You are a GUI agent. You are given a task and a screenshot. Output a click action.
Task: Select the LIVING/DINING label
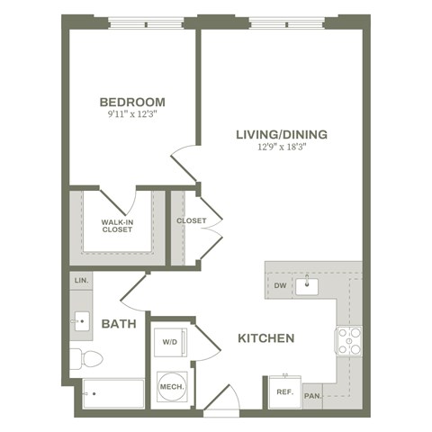point(281,135)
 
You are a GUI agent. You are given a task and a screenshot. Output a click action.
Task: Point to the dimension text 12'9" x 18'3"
point(281,148)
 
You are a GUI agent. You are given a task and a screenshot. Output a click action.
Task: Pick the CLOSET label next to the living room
point(191,220)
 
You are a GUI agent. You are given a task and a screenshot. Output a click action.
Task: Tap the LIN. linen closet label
point(80,282)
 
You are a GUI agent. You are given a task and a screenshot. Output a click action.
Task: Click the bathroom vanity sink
point(81,319)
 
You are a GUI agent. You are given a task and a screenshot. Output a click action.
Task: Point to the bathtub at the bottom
point(112,393)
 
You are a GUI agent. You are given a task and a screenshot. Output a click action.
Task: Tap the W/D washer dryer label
point(169,342)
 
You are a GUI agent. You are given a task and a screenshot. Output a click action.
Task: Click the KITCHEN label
point(266,338)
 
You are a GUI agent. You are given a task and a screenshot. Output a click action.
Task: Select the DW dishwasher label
point(280,287)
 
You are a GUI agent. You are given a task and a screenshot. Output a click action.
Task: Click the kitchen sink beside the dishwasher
point(307,286)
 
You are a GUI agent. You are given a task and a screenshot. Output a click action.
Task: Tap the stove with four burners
point(348,340)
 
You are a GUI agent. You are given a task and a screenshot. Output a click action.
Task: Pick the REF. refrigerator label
point(283,392)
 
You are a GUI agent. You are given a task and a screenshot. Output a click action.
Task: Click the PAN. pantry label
point(312,394)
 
